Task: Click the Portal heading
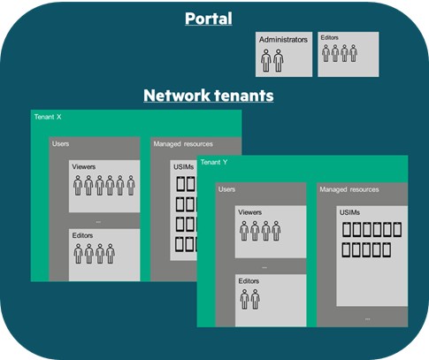tap(209, 19)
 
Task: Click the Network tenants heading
tap(209, 96)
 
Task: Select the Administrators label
tap(283, 40)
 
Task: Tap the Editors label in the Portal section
tap(329, 37)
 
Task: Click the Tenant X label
tap(48, 117)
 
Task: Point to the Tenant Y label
tap(214, 162)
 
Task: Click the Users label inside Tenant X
tap(60, 143)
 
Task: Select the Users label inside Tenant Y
tap(226, 189)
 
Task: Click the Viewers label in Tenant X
tap(84, 166)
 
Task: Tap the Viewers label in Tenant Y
tap(249, 212)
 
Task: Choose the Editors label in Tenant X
tap(82, 235)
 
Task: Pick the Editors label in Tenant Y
tap(249, 280)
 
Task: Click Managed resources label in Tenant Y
tap(349, 189)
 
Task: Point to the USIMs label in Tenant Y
tap(349, 212)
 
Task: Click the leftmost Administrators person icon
tap(266, 60)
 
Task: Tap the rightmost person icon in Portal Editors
tap(353, 53)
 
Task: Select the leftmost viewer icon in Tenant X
tap(78, 186)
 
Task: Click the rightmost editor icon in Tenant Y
tap(256, 299)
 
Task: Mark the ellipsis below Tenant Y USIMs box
tap(367, 318)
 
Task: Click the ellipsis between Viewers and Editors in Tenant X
tap(98, 222)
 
